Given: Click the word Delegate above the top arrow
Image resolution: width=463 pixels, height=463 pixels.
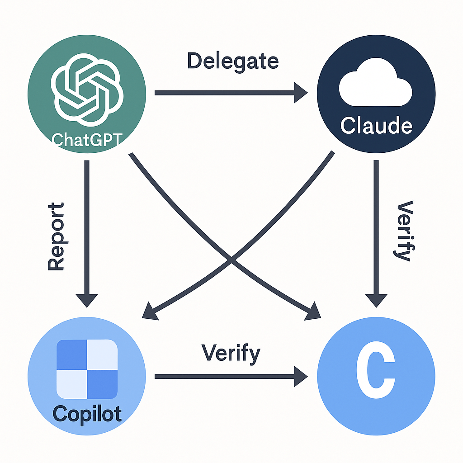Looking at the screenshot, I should tap(232, 61).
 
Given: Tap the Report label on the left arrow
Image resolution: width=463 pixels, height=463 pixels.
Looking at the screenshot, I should tap(56, 237).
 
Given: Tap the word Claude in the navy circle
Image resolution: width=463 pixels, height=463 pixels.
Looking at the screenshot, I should tap(376, 126).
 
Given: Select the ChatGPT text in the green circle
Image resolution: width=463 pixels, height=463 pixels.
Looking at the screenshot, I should tap(87, 139).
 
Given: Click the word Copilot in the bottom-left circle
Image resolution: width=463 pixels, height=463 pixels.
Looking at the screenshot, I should tap(87, 413).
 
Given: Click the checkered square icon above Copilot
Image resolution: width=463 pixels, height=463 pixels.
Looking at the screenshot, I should tap(87, 369).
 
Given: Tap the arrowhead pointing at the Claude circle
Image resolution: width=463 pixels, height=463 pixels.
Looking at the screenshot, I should tap(300, 93).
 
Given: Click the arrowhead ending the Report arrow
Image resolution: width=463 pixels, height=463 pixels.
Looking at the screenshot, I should tap(87, 300).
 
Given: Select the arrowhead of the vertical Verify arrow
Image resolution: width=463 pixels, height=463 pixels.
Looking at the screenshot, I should tap(376, 300).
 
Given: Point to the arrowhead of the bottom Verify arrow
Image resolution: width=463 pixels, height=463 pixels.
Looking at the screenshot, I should tap(300, 376).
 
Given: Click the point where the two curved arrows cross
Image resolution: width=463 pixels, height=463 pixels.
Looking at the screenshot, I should tap(231, 260).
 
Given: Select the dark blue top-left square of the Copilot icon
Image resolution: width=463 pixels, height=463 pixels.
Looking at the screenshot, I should tap(71, 354).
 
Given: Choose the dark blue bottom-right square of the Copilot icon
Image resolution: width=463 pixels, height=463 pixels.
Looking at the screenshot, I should tap(102, 384).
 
